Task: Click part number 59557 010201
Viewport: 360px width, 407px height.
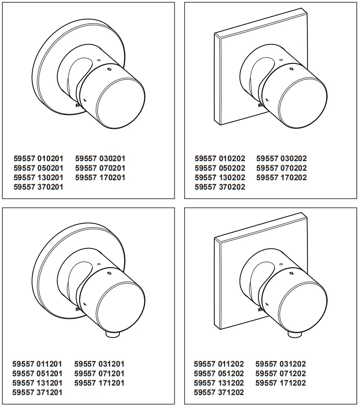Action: coord(38,159)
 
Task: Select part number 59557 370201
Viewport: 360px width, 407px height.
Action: coord(38,187)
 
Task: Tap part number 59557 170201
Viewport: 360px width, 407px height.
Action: coord(100,177)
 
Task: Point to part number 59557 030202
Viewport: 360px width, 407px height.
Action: coord(281,159)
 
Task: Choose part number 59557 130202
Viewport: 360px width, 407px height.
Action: coord(220,177)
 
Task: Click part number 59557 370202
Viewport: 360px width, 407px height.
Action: coord(220,187)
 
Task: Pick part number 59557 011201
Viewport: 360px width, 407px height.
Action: coord(38,364)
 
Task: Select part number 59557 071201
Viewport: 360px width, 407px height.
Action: coord(99,373)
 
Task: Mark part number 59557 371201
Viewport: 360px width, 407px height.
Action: coord(38,392)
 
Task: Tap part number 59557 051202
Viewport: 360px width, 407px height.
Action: coord(219,373)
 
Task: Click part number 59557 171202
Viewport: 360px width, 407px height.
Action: coord(281,383)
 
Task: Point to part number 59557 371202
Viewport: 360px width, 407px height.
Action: coord(219,392)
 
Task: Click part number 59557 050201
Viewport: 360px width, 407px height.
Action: coord(38,168)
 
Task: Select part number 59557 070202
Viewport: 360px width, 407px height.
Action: coord(281,168)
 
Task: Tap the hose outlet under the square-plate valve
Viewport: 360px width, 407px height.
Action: coord(293,335)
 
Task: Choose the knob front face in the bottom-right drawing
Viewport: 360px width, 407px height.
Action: coord(303,307)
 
